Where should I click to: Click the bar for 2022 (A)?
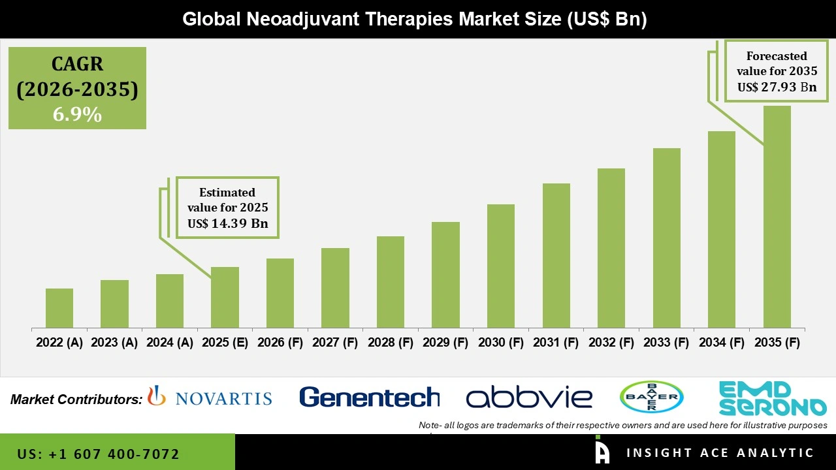59,307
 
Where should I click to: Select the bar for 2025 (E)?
225,297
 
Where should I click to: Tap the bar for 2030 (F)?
501,266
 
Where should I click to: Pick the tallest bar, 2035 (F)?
777,216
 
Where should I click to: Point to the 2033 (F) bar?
667,238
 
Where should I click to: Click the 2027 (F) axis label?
336,342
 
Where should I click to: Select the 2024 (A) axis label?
170,342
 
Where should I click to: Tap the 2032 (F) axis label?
611,342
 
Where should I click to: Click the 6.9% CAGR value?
77,115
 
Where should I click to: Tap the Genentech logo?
369,397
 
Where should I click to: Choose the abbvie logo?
529,397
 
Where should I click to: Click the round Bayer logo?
651,397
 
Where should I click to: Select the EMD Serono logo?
772,398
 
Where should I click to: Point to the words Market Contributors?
76,399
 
